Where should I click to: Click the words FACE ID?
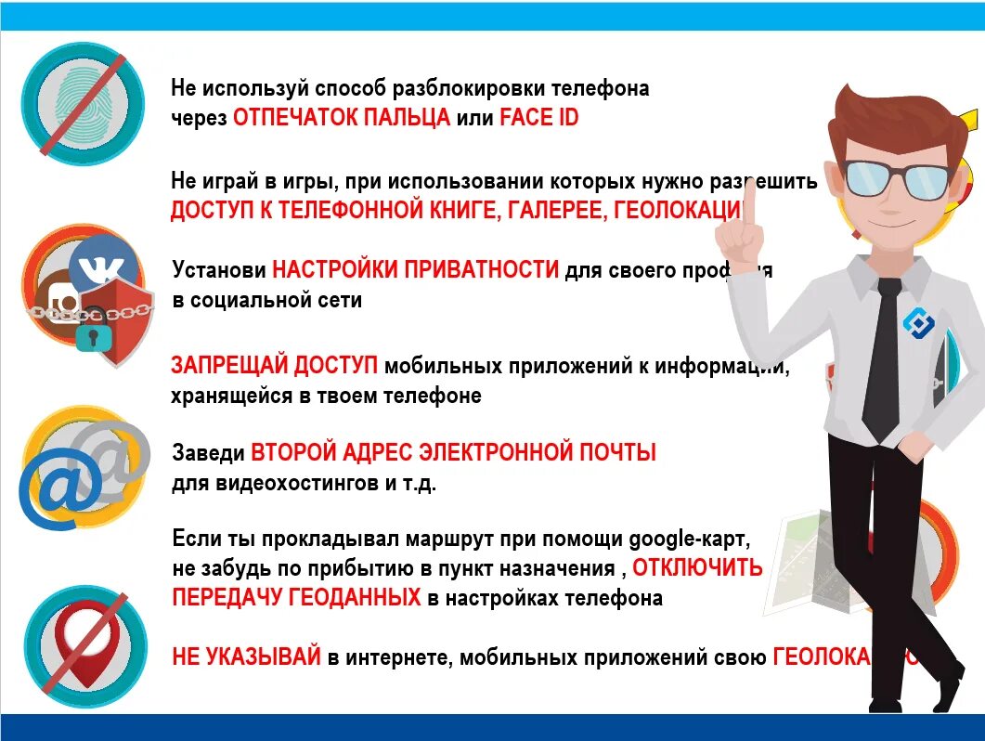(x=538, y=118)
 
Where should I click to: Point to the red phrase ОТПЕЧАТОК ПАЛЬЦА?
(x=341, y=118)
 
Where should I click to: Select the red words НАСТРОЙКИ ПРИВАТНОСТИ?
(x=416, y=270)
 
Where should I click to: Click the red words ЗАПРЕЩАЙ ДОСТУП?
(x=274, y=366)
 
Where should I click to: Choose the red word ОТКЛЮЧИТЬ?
(x=697, y=567)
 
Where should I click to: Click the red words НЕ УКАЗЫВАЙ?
(x=246, y=657)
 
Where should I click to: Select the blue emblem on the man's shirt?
(x=919, y=321)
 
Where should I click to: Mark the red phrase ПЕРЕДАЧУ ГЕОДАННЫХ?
(x=296, y=597)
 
